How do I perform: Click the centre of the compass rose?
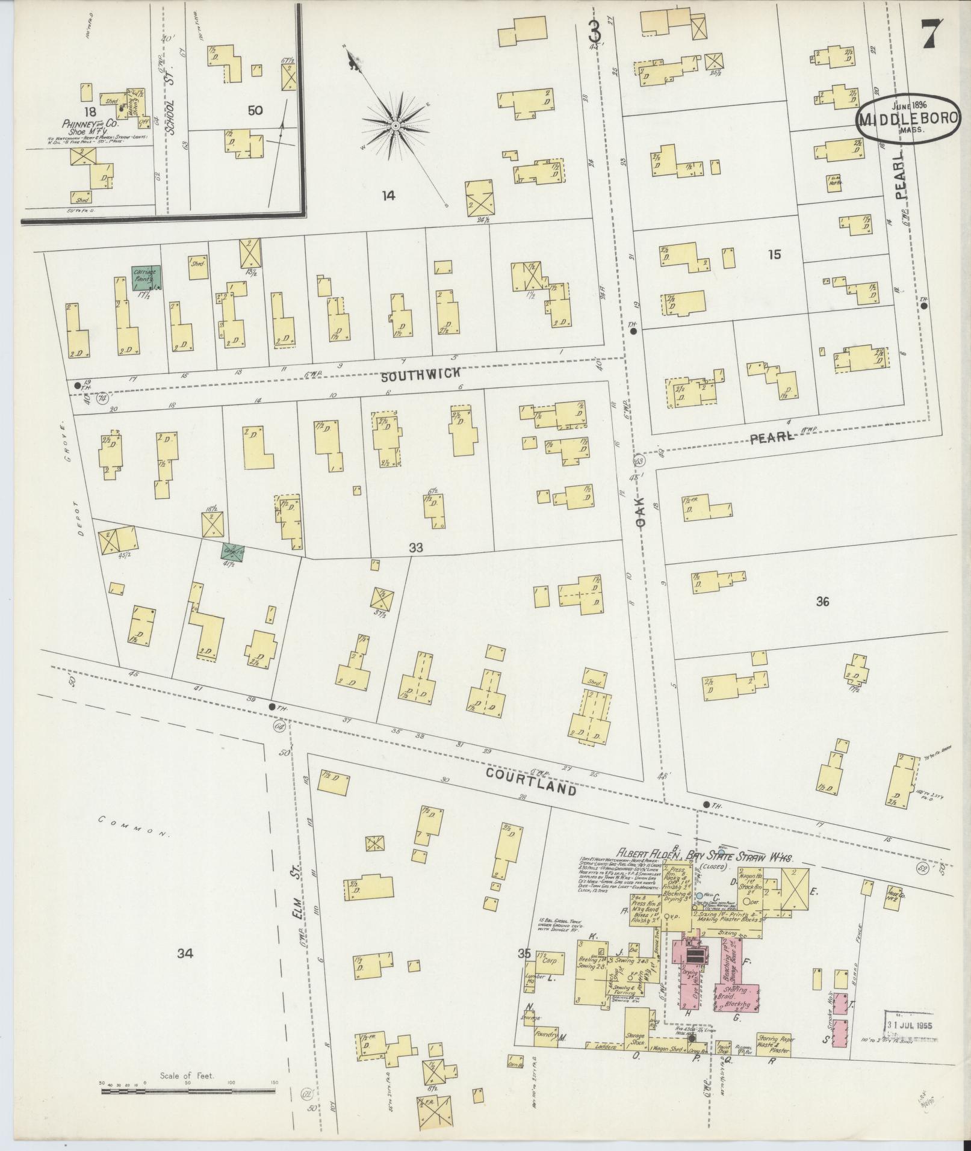[396, 125]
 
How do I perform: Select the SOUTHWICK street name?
[421, 374]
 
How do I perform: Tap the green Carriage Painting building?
[147, 277]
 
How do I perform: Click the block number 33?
[415, 548]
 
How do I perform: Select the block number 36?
[822, 601]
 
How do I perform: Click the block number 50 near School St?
[255, 110]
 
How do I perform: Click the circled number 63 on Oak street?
[639, 461]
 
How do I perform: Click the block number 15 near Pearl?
[774, 255]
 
